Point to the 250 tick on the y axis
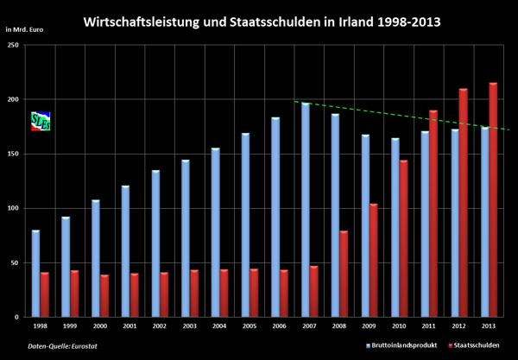[13, 45]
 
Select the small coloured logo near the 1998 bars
[41, 121]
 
